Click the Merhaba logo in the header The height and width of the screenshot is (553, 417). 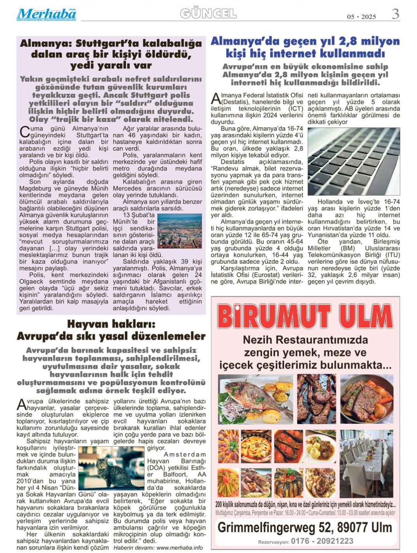pyautogui.click(x=46, y=14)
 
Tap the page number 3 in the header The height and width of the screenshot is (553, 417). pyautogui.click(x=395, y=14)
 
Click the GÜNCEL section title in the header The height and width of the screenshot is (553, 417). pyautogui.click(x=208, y=14)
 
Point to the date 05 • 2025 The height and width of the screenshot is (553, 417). pyautogui.click(x=361, y=17)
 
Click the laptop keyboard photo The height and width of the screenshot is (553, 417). pyautogui.click(x=353, y=161)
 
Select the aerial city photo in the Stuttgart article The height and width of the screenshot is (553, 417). pyautogui.click(x=179, y=231)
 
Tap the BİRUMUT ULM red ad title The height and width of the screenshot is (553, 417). pyautogui.click(x=305, y=316)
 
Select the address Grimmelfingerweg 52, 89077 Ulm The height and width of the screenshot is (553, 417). pyautogui.click(x=305, y=527)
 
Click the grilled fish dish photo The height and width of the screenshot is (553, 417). pyautogui.click(x=255, y=399)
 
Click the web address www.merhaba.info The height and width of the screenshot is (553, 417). pyautogui.click(x=179, y=548)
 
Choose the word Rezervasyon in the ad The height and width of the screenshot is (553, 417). pyautogui.click(x=273, y=542)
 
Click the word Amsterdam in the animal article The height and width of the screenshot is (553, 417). pyautogui.click(x=185, y=454)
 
